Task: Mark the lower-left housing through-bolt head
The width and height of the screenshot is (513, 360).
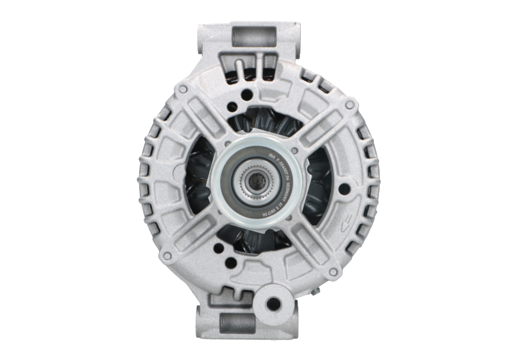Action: point(167,256)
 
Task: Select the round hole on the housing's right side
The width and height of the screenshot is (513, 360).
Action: point(346,188)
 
